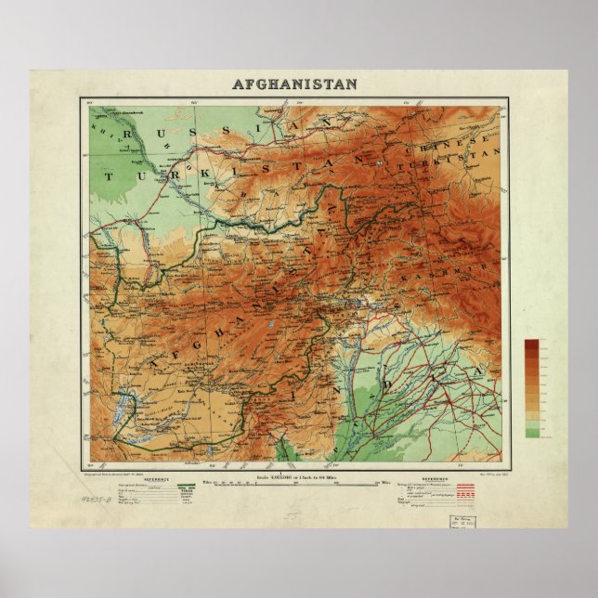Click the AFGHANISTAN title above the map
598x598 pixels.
pos(293,84)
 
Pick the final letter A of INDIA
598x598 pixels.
pos(477,371)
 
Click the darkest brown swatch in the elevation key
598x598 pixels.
pos(531,344)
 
